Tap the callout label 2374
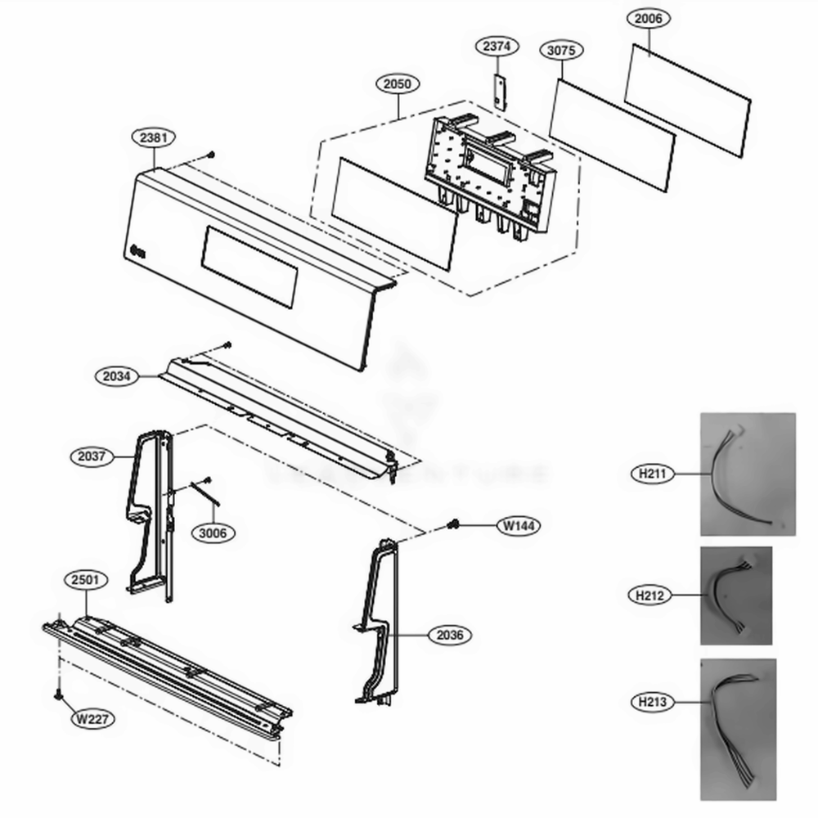coord(499,47)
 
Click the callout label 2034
coord(117,377)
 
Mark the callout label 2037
coord(92,456)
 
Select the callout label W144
coord(519,526)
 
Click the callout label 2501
coord(86,581)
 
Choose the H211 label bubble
coord(652,473)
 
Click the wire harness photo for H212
coord(735,596)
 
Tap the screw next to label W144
coord(452,524)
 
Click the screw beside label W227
coord(58,695)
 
